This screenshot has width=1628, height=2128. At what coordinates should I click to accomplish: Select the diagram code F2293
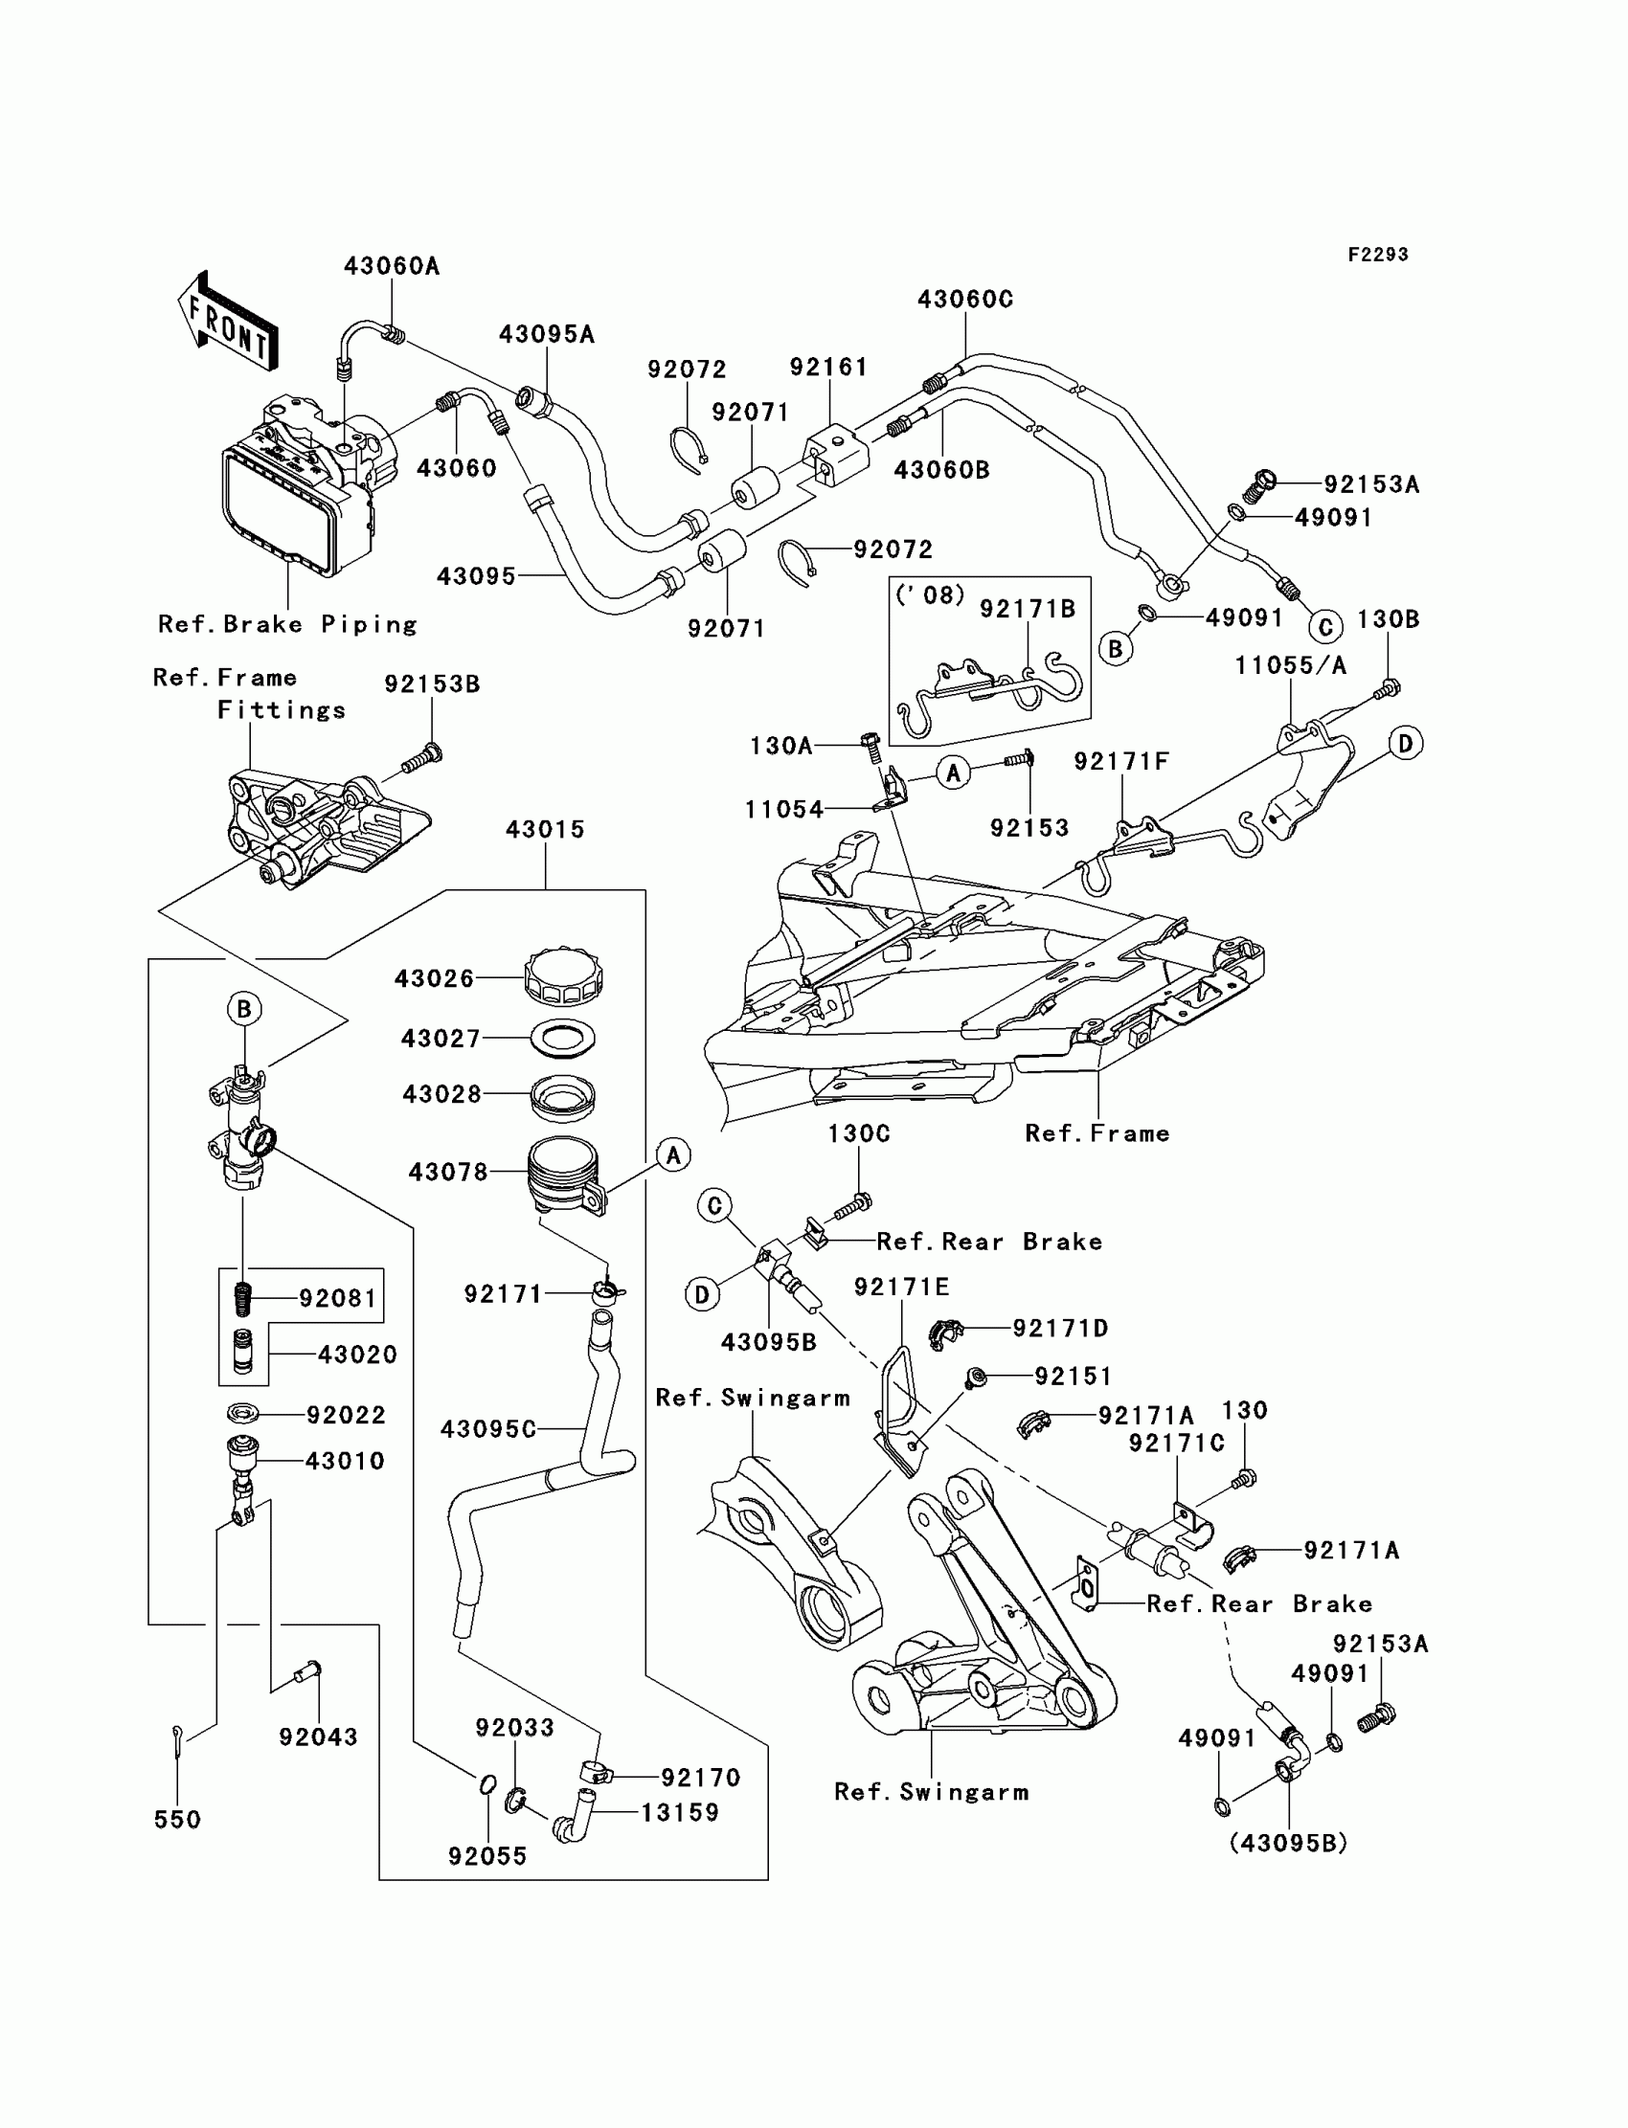(x=1377, y=255)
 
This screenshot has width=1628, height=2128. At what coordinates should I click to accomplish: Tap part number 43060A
(x=392, y=266)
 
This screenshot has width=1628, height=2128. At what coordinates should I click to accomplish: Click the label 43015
(x=545, y=829)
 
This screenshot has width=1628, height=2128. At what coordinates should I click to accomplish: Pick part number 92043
(x=318, y=1737)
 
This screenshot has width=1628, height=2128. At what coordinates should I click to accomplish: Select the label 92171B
(x=1028, y=609)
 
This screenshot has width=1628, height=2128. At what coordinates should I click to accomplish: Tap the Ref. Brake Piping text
(x=288, y=625)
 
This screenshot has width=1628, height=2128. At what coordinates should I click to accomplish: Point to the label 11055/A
(x=1290, y=665)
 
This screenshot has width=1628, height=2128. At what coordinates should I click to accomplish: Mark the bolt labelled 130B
(x=1387, y=688)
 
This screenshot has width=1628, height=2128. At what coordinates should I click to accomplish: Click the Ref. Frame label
(x=1097, y=1133)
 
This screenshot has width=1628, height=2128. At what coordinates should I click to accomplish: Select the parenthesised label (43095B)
(x=1288, y=1844)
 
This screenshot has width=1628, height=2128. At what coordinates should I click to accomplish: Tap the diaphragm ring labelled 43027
(x=563, y=1039)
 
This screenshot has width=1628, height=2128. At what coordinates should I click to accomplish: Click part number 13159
(x=679, y=1813)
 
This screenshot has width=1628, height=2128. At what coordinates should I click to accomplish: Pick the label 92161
(x=827, y=367)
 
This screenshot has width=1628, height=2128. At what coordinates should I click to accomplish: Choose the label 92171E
(x=901, y=1288)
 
